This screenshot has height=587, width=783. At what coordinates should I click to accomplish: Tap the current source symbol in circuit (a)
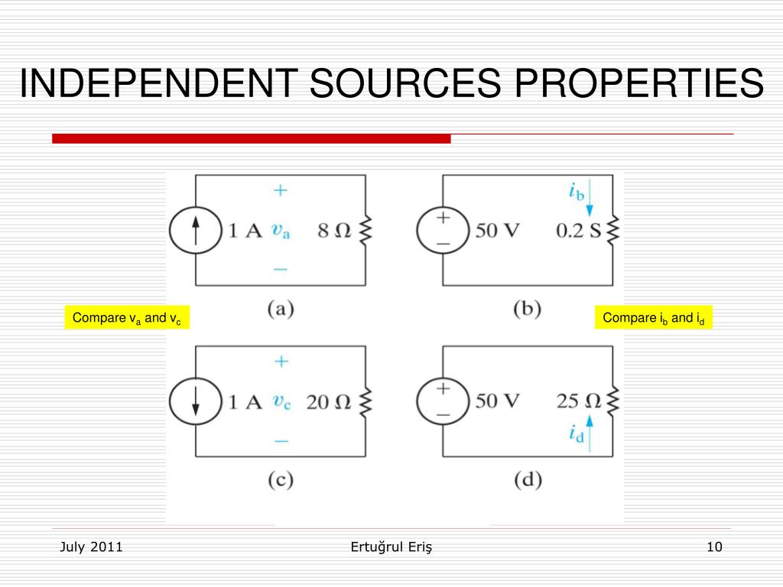196,230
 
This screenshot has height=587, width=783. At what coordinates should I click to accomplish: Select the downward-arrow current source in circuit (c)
196,401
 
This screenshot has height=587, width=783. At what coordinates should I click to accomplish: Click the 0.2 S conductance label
578,230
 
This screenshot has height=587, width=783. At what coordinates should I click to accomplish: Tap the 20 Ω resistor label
328,401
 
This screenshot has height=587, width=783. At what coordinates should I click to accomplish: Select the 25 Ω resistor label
581,400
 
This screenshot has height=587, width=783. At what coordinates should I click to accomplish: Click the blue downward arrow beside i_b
590,190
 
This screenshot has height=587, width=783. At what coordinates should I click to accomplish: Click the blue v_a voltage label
281,230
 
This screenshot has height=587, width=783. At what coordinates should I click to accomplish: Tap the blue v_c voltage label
281,401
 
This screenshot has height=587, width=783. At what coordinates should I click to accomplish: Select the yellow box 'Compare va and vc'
126,318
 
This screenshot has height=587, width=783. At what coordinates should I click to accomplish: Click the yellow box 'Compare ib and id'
654,318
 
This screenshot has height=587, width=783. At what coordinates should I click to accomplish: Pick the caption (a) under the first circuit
281,309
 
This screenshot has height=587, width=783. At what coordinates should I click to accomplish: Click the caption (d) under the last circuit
528,480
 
